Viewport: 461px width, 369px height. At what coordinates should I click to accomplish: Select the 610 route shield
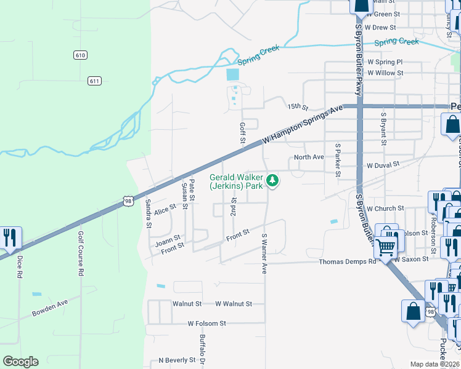[80, 55]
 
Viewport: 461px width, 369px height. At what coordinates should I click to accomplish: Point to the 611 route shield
[94, 81]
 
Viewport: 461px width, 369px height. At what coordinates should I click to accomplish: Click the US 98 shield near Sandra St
[128, 201]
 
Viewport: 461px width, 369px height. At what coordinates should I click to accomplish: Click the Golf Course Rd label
[80, 254]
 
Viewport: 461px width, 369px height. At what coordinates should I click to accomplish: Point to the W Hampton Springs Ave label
[302, 124]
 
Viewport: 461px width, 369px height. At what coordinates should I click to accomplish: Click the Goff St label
[242, 134]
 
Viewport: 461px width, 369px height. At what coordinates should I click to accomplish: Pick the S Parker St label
[337, 160]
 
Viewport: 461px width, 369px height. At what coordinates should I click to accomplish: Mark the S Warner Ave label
[264, 253]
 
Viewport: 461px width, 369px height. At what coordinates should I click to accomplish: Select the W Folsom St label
[207, 323]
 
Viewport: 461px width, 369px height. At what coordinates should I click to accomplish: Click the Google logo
[20, 362]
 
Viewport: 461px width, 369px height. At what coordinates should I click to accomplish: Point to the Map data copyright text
[435, 364]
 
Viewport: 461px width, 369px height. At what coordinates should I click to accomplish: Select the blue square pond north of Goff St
[232, 74]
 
